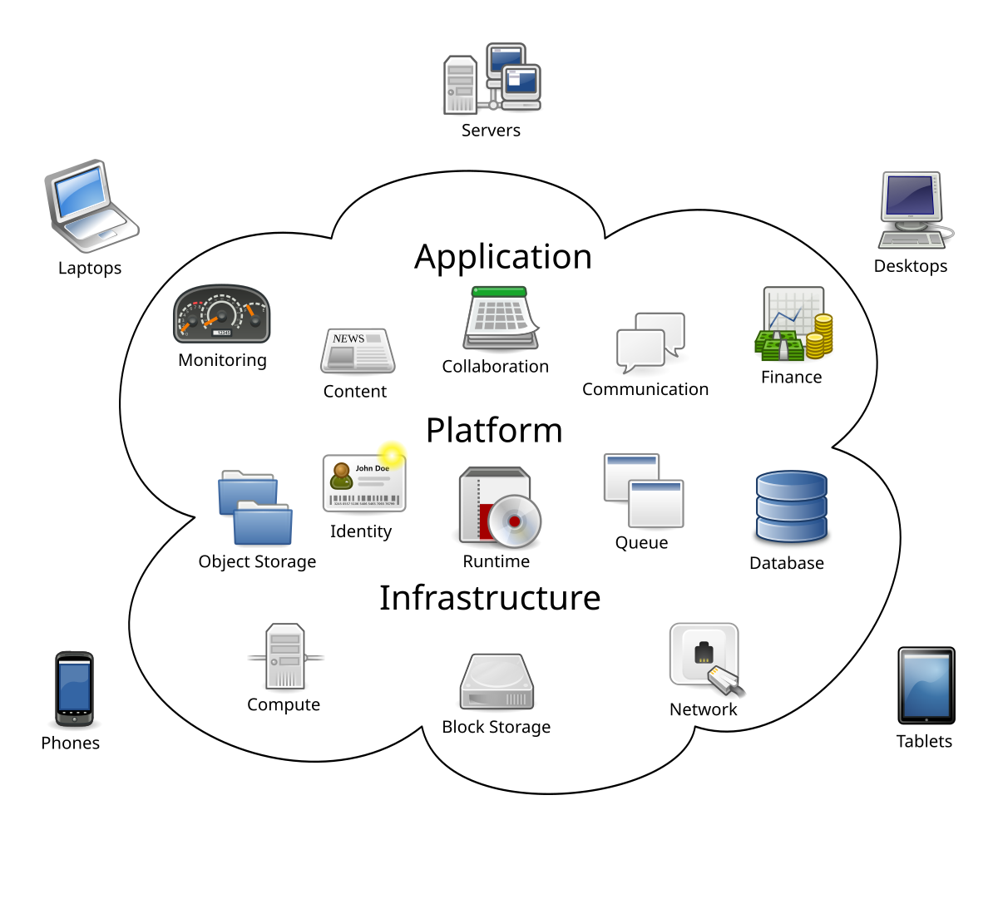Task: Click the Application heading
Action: tap(503, 257)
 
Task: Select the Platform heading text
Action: tap(494, 431)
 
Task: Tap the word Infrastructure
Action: tap(490, 598)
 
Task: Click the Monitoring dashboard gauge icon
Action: tap(221, 314)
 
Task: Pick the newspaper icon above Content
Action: tap(357, 350)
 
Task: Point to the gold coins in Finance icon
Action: tap(819, 336)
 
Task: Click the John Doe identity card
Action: tap(363, 483)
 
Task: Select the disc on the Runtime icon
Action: tap(513, 521)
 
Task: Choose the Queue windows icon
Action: tap(643, 491)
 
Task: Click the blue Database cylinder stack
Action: tap(790, 507)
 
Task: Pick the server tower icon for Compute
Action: tap(284, 657)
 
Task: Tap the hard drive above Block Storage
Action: tap(497, 682)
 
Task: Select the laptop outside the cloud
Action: tap(89, 206)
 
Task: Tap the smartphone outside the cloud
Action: tap(74, 689)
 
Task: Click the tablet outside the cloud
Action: tap(926, 685)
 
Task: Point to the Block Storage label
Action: tap(496, 727)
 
